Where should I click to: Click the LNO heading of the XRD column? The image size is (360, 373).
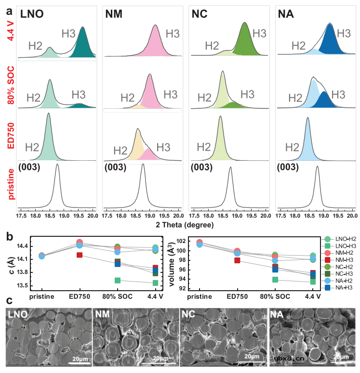(37, 15)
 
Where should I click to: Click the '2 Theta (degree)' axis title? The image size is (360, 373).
(182, 225)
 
